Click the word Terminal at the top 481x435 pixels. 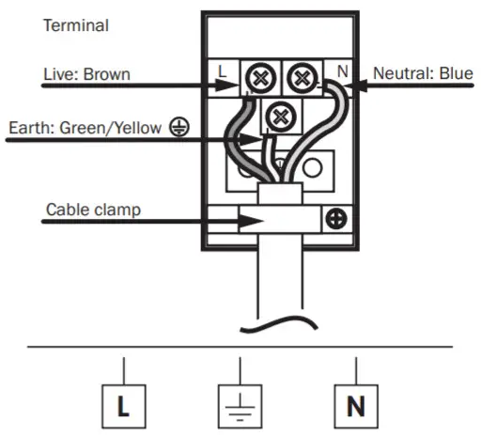(75, 25)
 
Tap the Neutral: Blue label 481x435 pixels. (422, 72)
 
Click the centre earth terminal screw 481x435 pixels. (278, 117)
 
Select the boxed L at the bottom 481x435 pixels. (124, 408)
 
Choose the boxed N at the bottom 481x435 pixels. (356, 408)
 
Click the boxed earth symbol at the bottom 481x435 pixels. (240, 406)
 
